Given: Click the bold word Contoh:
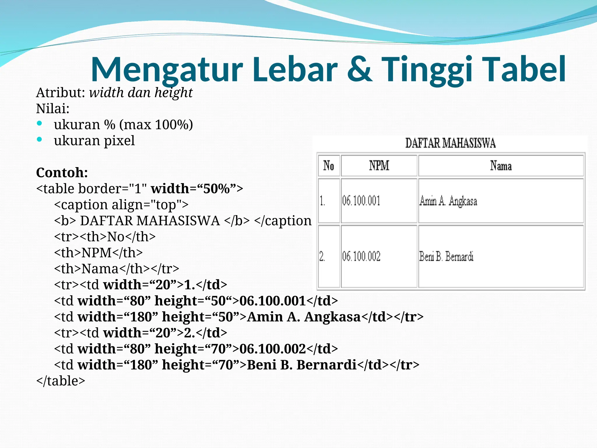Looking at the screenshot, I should pos(62,173).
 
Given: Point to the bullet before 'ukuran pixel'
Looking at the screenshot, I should pos(40,140).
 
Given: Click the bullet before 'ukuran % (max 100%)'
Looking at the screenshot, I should pos(40,124).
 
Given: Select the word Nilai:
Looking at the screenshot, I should pos(53,109).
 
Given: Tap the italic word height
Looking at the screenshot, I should pos(173,93).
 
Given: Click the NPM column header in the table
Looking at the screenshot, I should pos(379,166).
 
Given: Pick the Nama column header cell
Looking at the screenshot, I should pos(501,166).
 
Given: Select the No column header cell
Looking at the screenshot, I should pos(329,166).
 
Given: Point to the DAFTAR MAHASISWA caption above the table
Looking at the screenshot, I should pos(450,143).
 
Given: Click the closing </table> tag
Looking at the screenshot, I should pos(61,381).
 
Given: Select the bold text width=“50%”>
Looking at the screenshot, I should pos(197,189).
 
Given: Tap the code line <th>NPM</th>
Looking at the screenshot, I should pos(98,253).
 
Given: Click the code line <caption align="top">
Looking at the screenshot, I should pos(121,205).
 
